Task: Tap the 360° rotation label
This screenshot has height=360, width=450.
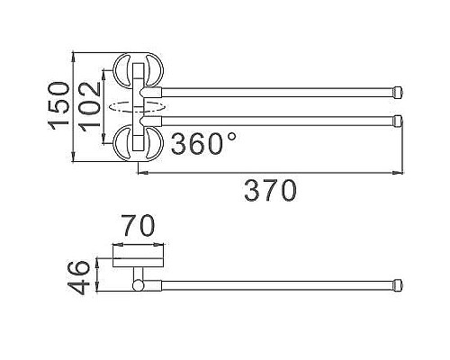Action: coord(202,144)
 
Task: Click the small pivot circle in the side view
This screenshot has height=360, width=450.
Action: coord(138,285)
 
